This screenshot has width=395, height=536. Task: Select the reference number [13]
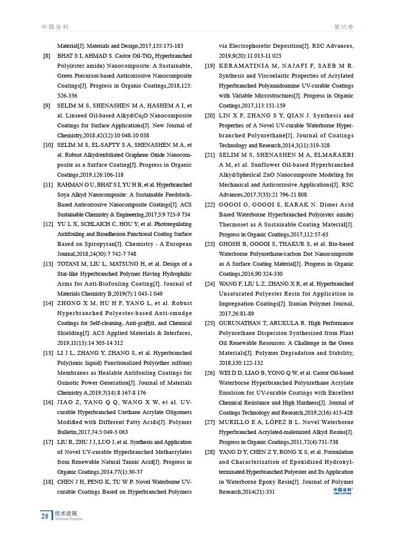click(48, 264)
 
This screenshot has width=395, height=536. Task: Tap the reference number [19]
click(210, 66)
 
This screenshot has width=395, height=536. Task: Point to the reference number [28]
click(210, 452)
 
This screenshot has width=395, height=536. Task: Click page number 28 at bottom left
click(45, 516)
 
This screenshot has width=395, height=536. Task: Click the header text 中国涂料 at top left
click(55, 26)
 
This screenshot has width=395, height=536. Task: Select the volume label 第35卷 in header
click(343, 26)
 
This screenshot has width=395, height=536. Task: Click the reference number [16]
click(48, 403)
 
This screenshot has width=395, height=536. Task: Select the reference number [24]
click(210, 284)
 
